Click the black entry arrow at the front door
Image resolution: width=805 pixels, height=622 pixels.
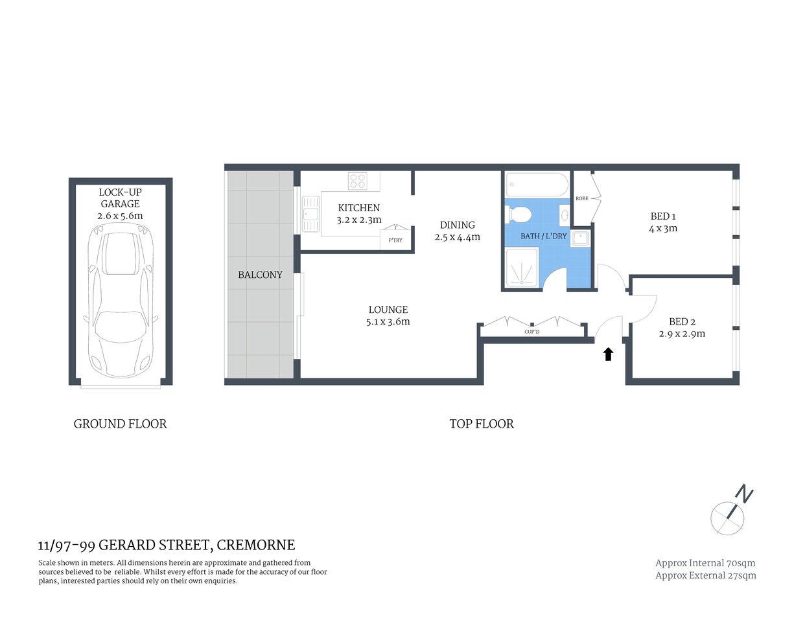click(608, 354)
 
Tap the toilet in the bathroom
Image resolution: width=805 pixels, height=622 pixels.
click(519, 214)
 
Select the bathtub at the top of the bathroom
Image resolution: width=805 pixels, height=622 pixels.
click(537, 185)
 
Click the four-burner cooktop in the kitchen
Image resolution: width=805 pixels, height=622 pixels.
click(357, 181)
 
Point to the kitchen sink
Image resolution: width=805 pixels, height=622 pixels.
click(310, 213)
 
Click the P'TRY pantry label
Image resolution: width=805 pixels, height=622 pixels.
click(395, 240)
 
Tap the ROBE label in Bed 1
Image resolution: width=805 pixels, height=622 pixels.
click(582, 198)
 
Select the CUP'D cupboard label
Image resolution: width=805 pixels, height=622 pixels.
click(531, 332)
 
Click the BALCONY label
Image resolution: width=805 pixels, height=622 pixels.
click(260, 275)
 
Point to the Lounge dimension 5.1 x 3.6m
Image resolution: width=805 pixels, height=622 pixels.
click(388, 321)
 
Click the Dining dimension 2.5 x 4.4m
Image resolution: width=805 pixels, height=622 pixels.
click(457, 237)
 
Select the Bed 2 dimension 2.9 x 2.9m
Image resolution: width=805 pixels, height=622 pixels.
click(682, 334)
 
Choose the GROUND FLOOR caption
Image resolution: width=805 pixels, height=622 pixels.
click(120, 424)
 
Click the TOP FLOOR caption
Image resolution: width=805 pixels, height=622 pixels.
click(482, 424)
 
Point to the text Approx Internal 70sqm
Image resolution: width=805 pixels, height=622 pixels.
click(705, 563)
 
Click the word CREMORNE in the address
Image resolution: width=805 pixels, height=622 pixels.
click(255, 545)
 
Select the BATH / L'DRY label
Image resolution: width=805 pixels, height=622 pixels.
click(543, 236)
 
